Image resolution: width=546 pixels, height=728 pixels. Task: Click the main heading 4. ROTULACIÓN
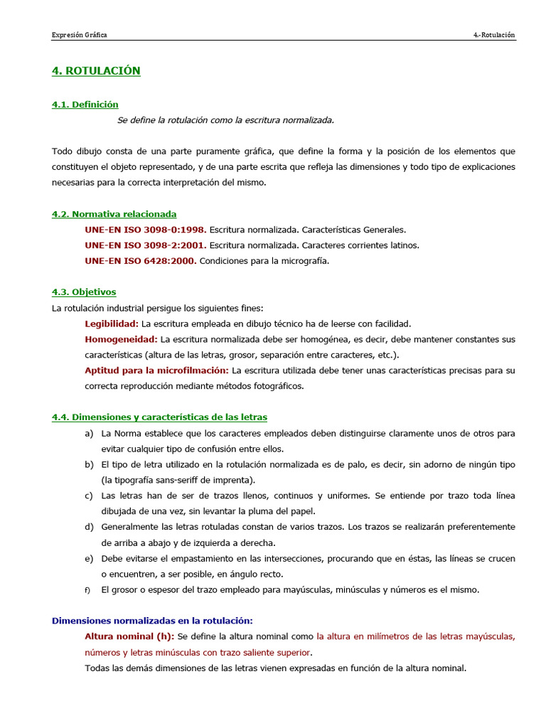pos(96,70)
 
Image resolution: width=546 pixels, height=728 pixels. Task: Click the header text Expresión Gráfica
pos(79,35)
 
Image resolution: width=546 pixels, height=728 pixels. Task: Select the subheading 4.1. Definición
pos(85,105)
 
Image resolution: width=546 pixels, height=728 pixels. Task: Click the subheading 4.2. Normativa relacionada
pos(114,214)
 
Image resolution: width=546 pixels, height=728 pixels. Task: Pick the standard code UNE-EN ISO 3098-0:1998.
pos(146,230)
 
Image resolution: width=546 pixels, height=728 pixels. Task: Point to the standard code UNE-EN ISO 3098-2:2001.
pos(146,245)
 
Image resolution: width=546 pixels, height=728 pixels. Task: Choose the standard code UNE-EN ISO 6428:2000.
pos(140,261)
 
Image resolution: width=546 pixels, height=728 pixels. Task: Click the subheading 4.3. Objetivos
pos(84,292)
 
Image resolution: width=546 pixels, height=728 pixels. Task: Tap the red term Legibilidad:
pos(112,323)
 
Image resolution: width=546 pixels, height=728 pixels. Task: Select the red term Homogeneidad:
pos(121,339)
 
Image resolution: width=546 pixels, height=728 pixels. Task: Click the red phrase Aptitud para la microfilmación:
pos(156,370)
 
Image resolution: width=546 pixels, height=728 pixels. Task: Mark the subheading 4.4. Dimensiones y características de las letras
pos(159,417)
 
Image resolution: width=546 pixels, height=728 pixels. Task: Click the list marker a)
pos(89,433)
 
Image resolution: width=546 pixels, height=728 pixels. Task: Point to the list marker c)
pos(89,496)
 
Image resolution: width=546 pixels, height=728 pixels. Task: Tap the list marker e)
pos(89,558)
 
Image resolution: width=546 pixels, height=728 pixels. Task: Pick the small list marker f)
pos(87,590)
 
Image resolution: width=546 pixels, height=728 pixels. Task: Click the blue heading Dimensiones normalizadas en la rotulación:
pos(152,621)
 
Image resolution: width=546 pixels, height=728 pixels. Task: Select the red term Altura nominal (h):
pos(129,636)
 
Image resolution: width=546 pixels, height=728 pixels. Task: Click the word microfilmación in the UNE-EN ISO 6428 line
pos(306,261)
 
